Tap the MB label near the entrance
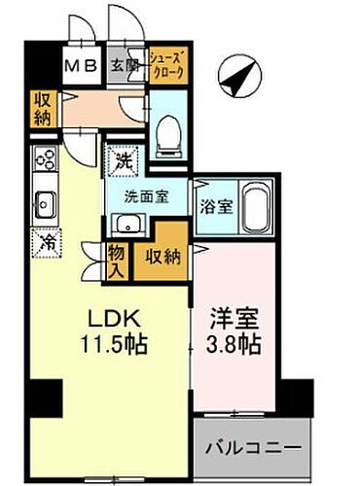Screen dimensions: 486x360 tap(80, 67)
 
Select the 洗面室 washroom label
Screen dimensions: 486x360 tap(146, 194)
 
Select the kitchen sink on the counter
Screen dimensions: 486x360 tap(45, 204)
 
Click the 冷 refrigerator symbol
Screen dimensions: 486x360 tap(45, 242)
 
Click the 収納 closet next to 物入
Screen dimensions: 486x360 tap(162, 257)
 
